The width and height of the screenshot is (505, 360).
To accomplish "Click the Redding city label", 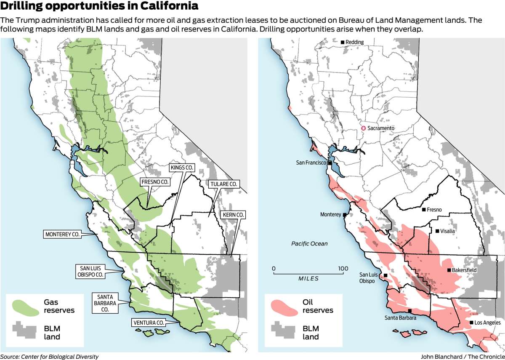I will click(x=354, y=42).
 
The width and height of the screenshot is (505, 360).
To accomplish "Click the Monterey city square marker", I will click(x=345, y=215).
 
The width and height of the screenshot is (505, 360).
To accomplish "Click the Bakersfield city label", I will click(x=465, y=270).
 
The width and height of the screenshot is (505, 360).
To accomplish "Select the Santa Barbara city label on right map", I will click(x=400, y=318).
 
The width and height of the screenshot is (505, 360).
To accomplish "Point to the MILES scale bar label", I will click(x=308, y=279).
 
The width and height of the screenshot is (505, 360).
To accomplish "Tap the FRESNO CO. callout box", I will click(x=155, y=181).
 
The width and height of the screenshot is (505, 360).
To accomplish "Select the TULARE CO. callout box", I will click(x=223, y=184).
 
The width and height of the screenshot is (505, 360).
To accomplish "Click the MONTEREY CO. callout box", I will click(x=62, y=234).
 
